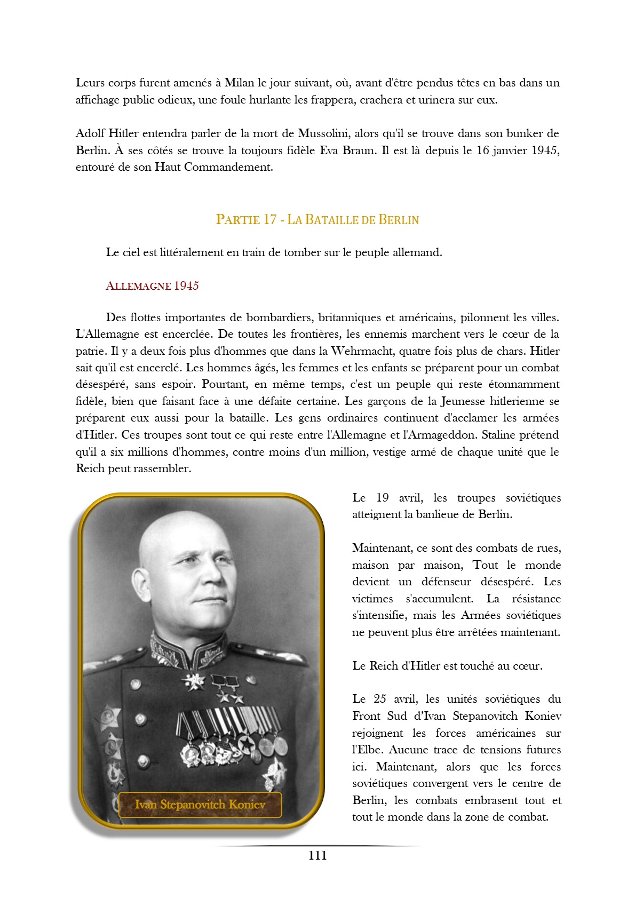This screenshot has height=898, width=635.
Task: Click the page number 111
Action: pos(317,855)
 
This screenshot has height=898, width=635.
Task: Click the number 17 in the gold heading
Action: pos(270,220)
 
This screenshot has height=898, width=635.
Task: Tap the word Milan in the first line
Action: pos(239,83)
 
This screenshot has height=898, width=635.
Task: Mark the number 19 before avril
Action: pos(382,498)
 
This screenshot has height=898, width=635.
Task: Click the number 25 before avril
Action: pos(380,699)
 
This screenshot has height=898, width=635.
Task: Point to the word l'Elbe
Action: pos(368,750)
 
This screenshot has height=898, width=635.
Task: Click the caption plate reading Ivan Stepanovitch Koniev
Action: pos(200,805)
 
